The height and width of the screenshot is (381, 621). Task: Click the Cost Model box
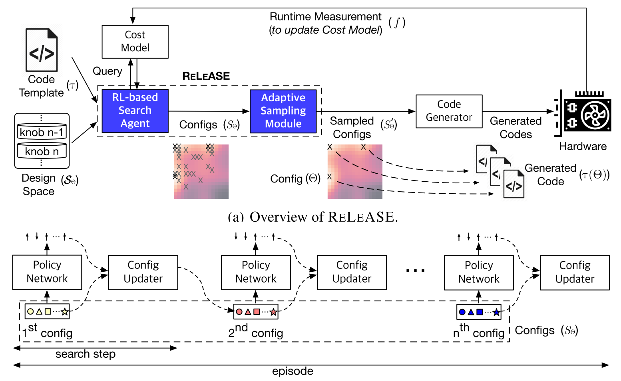[x=135, y=42]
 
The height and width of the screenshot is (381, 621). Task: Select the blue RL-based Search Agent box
[x=135, y=111]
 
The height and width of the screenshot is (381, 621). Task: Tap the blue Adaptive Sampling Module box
[x=283, y=111]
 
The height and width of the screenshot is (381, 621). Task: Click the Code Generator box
[x=449, y=111]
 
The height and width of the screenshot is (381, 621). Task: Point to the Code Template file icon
[x=42, y=50]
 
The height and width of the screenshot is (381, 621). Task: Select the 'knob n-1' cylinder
[x=42, y=132]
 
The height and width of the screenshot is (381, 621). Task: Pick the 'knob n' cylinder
[x=42, y=151]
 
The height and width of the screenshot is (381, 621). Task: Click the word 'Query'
[x=107, y=71]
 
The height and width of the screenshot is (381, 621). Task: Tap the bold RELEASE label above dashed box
[x=206, y=76]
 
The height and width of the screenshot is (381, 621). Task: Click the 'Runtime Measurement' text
[x=325, y=17]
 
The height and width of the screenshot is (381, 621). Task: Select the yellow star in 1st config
[x=64, y=312]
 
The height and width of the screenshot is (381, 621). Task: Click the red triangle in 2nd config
[x=248, y=312]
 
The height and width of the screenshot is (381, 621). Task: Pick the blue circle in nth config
[x=462, y=312]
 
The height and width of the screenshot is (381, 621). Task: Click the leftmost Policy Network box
[x=47, y=272]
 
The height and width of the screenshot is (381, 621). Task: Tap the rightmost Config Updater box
[x=575, y=272]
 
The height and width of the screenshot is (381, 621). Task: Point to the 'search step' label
[x=85, y=354]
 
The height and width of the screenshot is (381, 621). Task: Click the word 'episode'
[x=293, y=371]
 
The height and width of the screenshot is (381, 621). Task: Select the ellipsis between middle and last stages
[x=415, y=271]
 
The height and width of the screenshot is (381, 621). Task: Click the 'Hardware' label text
[x=583, y=146]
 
